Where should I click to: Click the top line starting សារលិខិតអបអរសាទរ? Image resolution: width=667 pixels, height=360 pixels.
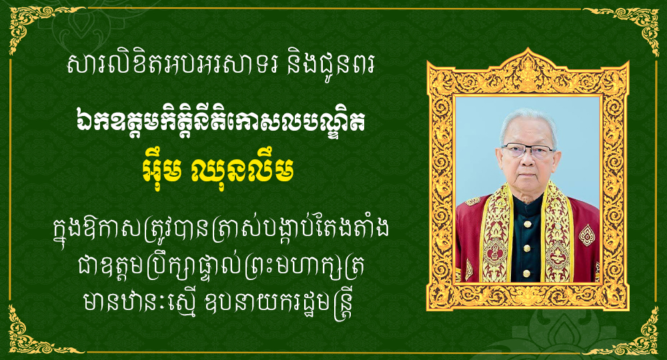coord(221,66)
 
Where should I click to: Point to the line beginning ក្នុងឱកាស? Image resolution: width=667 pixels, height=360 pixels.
coord(221,230)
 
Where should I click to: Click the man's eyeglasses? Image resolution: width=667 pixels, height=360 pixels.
coord(528,151)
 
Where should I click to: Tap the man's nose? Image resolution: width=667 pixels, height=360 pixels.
coord(526,160)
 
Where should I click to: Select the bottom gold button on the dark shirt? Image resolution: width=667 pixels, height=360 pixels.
coord(527,273)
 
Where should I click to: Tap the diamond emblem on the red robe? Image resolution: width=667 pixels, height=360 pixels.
coord(587,235)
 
